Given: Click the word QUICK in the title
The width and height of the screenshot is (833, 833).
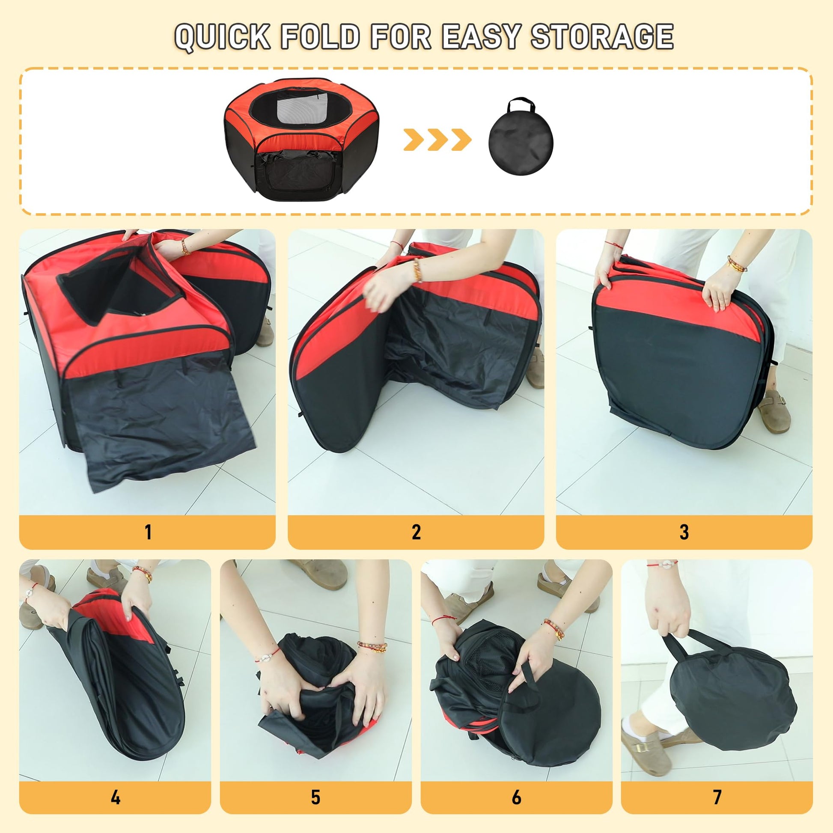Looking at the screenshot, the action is (223, 37).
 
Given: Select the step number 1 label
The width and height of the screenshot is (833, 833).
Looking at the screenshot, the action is (148, 532).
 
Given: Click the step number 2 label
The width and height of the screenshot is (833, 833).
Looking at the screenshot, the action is (416, 532).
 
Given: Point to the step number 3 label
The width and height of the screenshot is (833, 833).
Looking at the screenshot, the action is (684, 532).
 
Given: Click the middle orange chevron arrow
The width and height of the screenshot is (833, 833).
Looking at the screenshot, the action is (437, 140).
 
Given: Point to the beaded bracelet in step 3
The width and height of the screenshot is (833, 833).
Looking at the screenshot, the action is (736, 264).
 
